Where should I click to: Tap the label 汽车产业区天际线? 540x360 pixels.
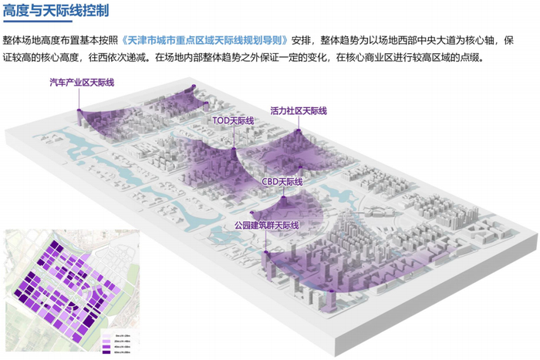81,82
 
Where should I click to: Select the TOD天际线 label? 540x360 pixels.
233,121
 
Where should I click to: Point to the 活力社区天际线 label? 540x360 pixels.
299,111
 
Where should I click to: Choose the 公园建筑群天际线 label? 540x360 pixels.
265,226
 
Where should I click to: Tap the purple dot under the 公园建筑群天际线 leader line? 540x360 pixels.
265,251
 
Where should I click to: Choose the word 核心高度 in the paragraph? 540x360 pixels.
63,56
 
